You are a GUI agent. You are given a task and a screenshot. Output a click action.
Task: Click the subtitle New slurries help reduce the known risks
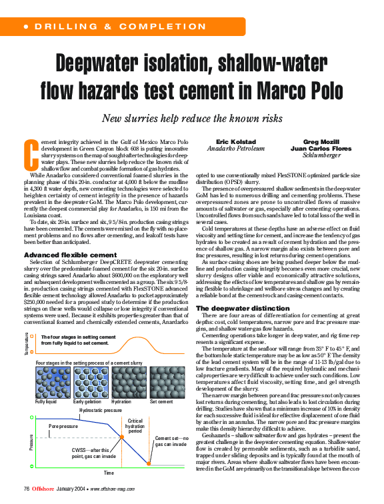[x=192, y=119]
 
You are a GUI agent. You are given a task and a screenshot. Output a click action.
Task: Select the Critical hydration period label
[x=135, y=425]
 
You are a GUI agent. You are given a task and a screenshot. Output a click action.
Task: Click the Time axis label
[x=108, y=473]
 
